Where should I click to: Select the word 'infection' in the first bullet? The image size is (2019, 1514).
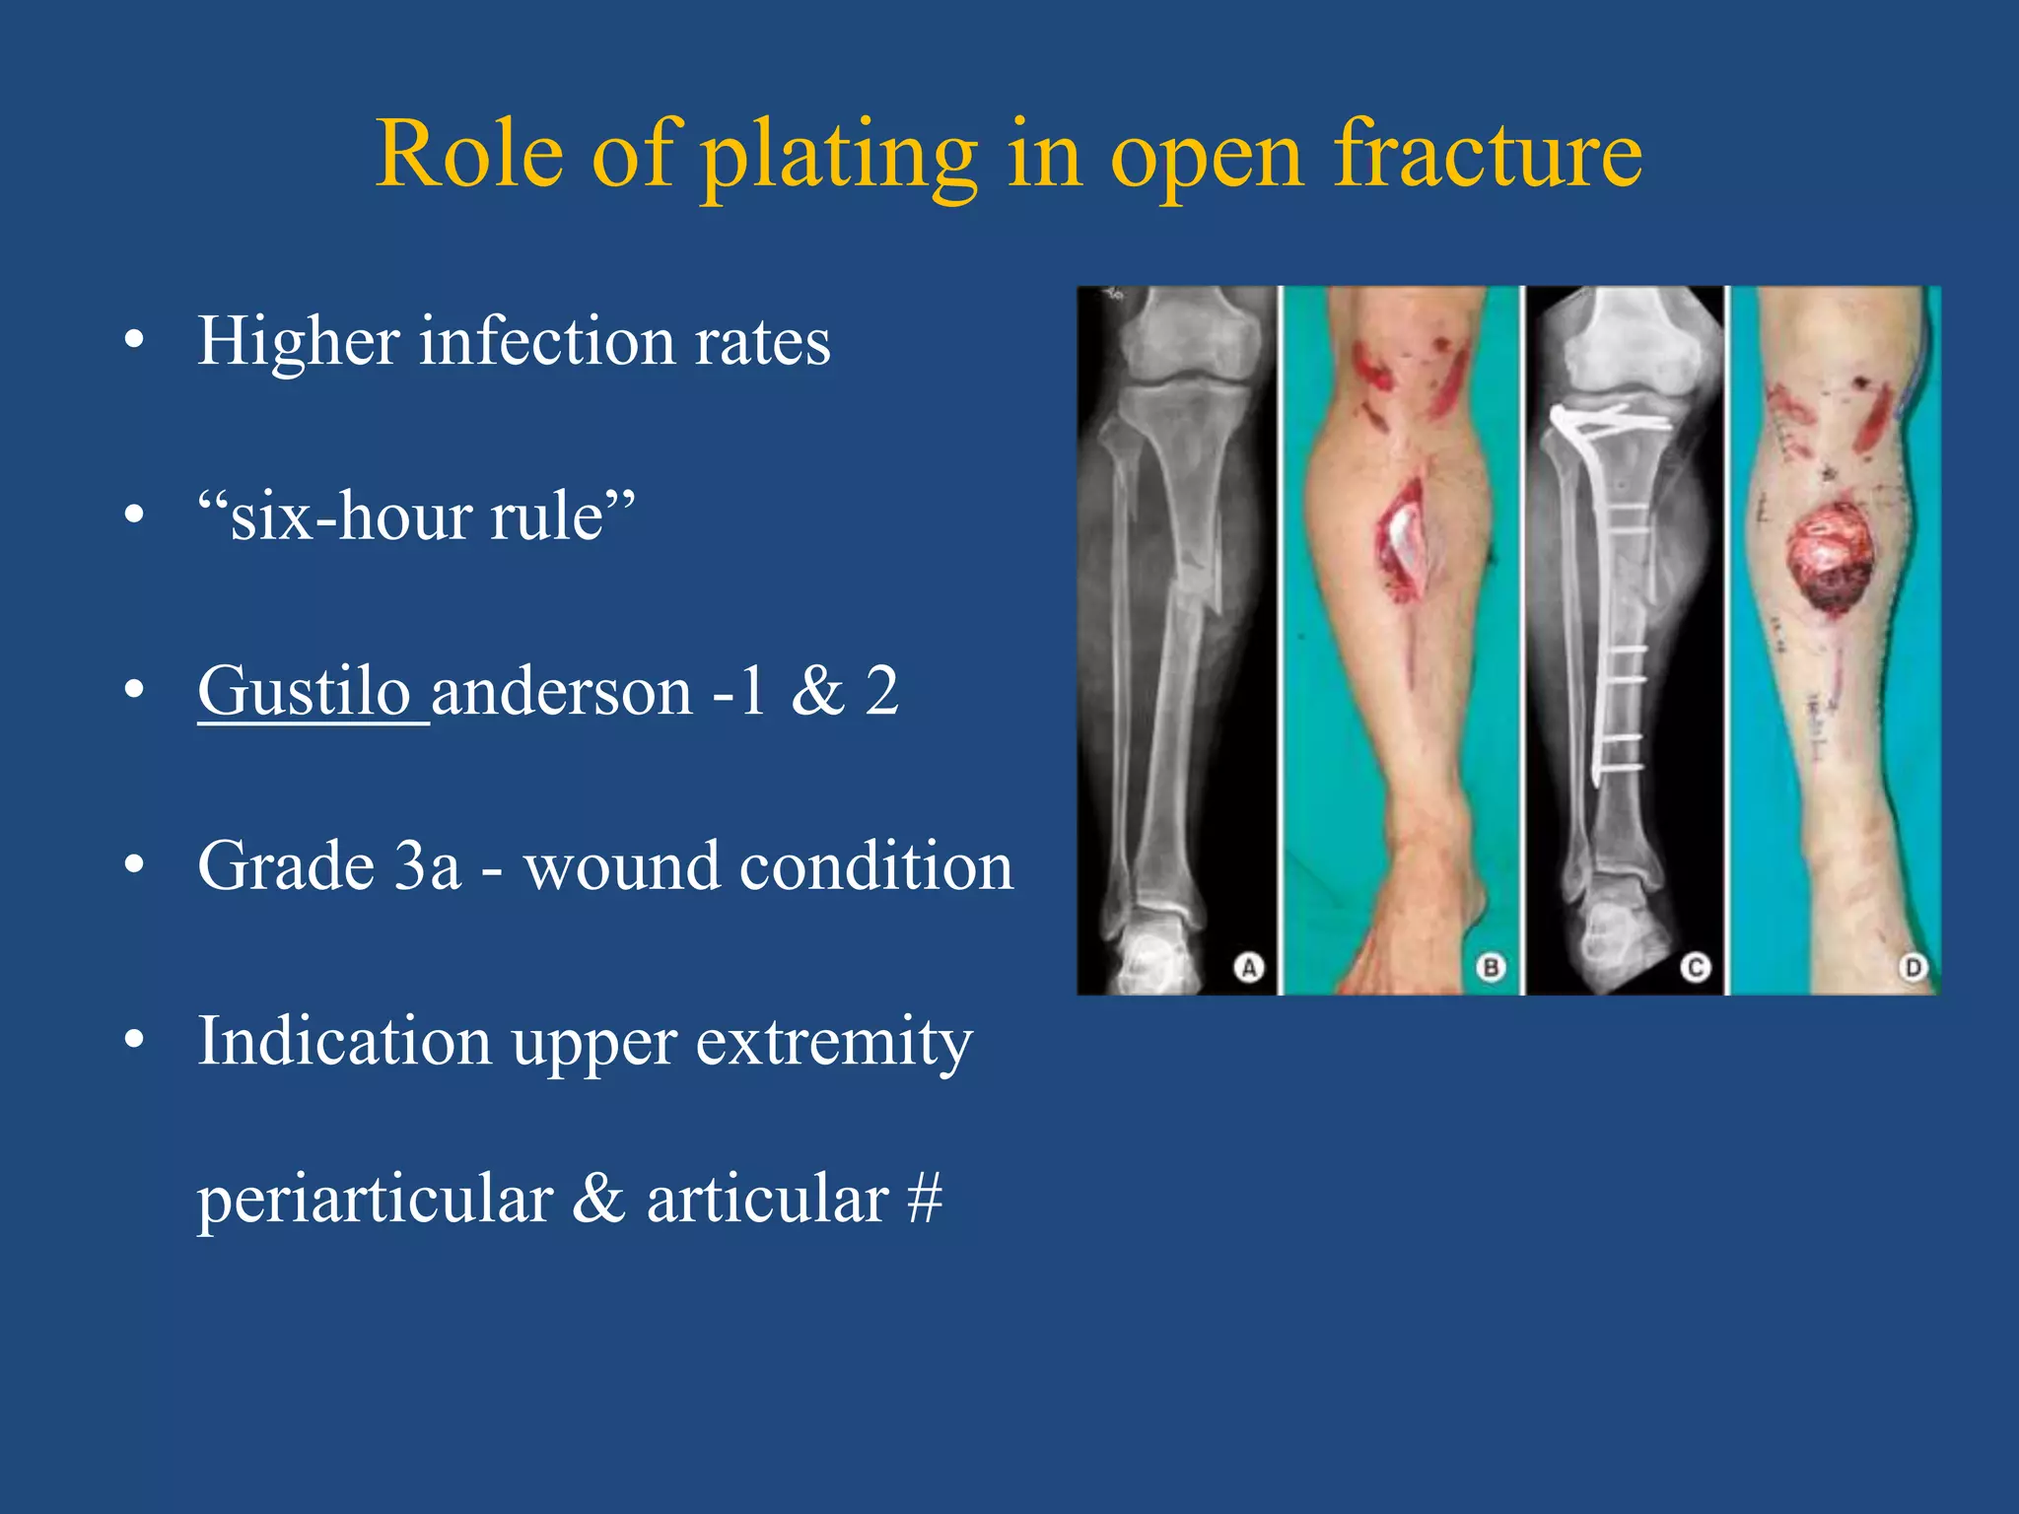point(546,341)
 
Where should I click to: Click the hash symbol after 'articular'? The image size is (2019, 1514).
point(924,1199)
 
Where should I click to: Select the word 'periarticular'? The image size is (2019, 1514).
point(375,1201)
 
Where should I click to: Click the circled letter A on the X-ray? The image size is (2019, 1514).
point(1248,967)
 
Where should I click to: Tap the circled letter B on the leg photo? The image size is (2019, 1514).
point(1490,967)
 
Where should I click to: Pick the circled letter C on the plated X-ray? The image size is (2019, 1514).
point(1695,967)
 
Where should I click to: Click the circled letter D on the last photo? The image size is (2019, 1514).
point(1913,967)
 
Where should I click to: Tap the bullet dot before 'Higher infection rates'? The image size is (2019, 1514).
point(135,341)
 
